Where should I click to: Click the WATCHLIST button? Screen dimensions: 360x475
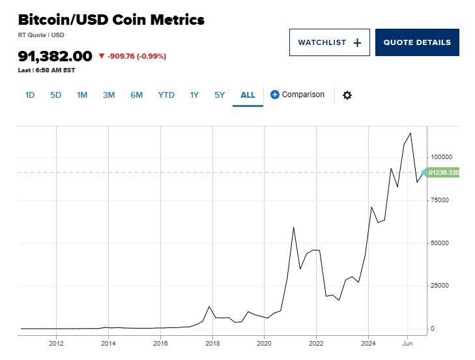[x=329, y=42]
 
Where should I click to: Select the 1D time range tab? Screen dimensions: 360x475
[x=30, y=95]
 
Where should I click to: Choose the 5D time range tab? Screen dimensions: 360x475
[x=55, y=95]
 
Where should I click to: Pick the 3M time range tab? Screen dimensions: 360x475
[x=108, y=95]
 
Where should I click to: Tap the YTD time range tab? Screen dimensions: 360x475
[x=166, y=95]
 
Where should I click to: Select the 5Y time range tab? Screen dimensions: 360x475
[x=220, y=95]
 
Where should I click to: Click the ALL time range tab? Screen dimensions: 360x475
[x=248, y=95]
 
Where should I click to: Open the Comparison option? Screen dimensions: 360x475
[x=297, y=95]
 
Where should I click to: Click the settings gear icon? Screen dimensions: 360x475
[x=347, y=95]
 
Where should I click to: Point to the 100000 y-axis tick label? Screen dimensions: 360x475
[x=441, y=157]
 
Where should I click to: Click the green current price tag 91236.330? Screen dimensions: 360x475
[x=443, y=173]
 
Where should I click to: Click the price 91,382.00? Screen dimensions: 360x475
[x=55, y=56]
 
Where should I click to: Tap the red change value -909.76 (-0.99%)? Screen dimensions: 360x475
[x=136, y=56]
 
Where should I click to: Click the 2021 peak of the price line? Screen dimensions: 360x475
[x=294, y=227]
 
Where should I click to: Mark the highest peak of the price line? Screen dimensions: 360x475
[x=410, y=134]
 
